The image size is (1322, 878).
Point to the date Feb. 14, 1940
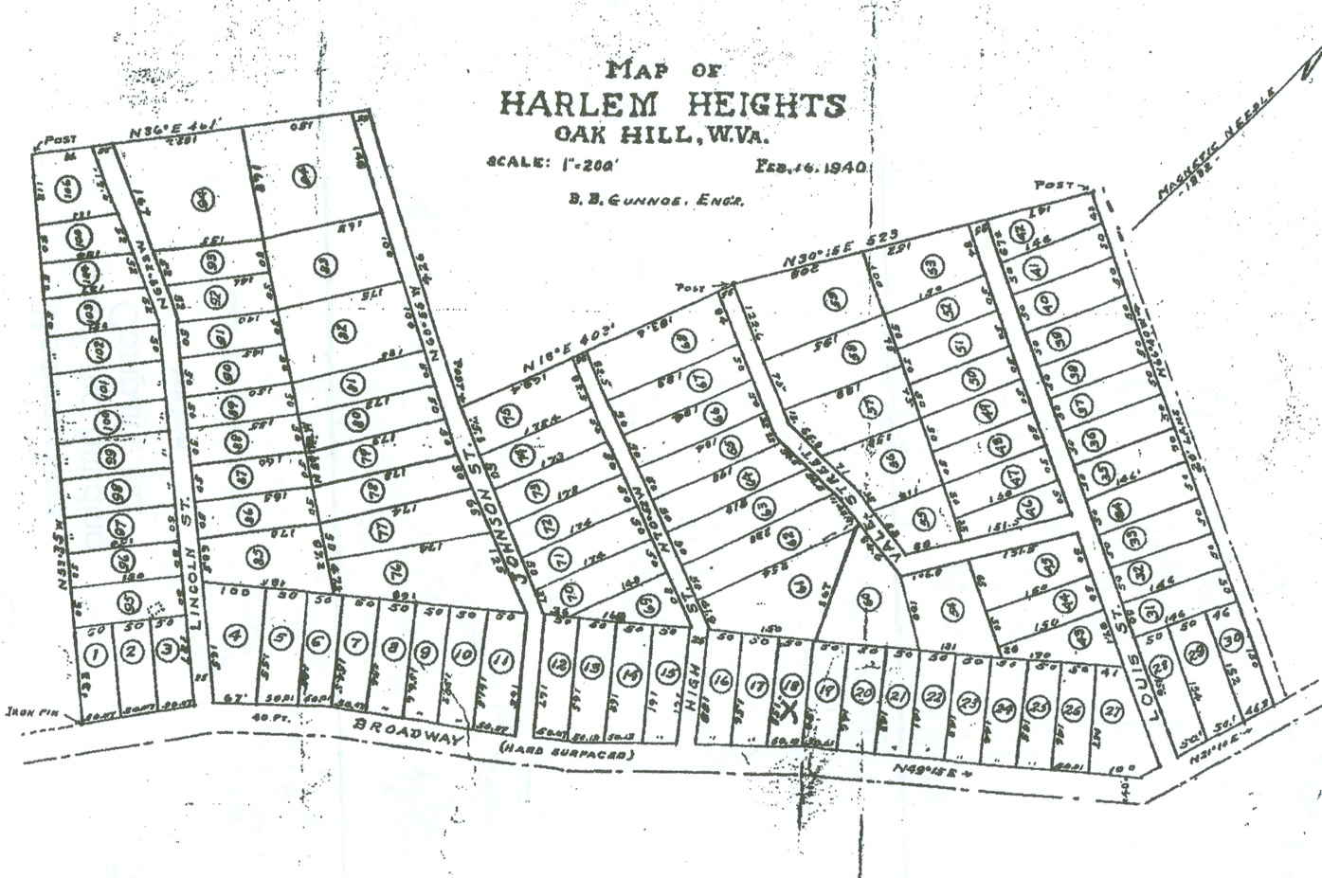click(811, 167)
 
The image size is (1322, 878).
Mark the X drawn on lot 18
click(789, 709)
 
